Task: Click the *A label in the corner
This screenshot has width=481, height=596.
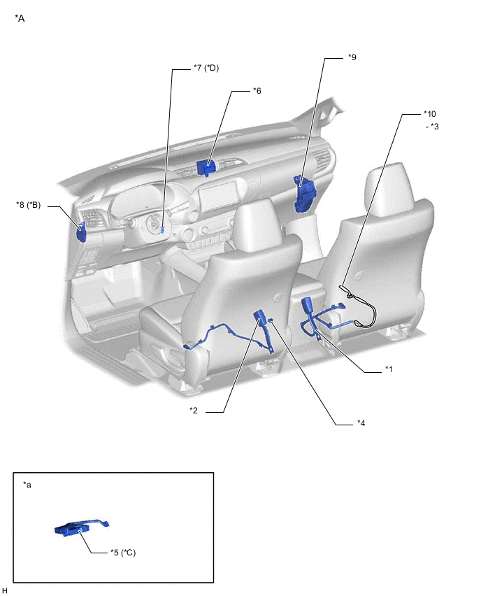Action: tap(20, 18)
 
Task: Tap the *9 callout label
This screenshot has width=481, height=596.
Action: tap(352, 57)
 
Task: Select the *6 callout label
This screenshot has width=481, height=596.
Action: tap(257, 91)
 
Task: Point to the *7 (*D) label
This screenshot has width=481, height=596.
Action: tap(206, 68)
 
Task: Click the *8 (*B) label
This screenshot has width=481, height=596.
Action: tap(28, 205)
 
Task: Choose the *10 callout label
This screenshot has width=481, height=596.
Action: tap(430, 113)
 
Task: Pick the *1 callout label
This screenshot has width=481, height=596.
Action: tap(389, 369)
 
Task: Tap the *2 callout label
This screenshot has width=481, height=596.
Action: tap(194, 411)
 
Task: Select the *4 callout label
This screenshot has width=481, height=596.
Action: tap(361, 423)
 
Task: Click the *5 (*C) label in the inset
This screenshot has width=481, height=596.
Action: tap(123, 553)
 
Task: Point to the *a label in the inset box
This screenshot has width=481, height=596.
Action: tap(27, 485)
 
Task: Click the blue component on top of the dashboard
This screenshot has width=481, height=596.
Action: tap(206, 168)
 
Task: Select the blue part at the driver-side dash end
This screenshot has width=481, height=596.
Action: tap(81, 233)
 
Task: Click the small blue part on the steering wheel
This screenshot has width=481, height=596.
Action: tap(163, 229)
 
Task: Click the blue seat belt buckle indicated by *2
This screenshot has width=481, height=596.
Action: tap(259, 316)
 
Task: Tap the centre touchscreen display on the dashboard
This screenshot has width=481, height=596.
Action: tap(217, 197)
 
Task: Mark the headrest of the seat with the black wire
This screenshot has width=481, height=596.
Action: tap(388, 186)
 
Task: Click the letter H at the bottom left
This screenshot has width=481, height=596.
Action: tap(5, 590)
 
